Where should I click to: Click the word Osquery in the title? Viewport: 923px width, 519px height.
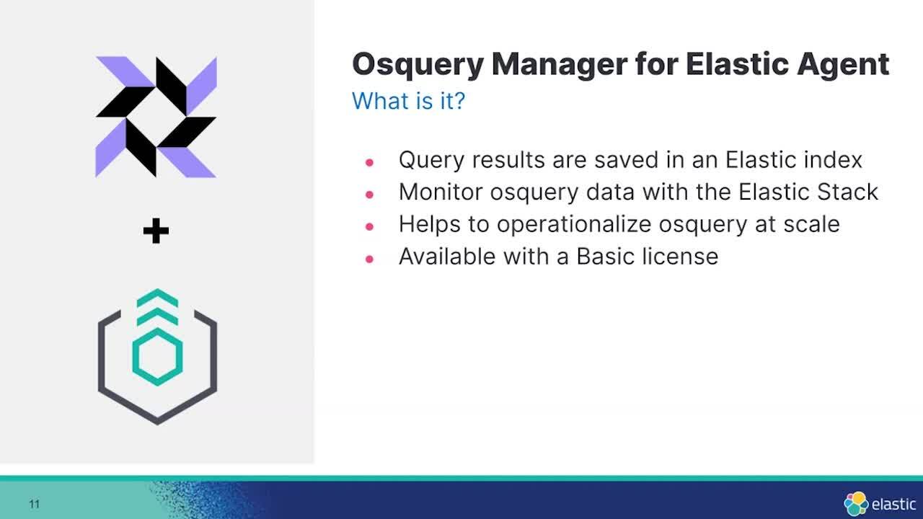tap(418, 66)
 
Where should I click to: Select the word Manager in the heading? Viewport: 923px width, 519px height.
tap(559, 65)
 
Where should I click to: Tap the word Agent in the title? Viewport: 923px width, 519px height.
tap(843, 66)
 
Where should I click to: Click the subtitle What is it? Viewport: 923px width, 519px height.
tap(408, 101)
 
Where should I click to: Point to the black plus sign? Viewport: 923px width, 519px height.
tap(156, 231)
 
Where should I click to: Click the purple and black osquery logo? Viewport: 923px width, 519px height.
tap(156, 117)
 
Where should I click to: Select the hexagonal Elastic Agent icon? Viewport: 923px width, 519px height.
tap(157, 357)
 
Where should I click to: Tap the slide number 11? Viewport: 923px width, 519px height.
tap(34, 504)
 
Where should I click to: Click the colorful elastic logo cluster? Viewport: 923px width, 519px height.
tap(856, 503)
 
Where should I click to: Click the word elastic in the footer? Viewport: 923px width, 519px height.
tap(893, 504)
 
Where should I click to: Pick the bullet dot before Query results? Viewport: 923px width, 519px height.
tap(369, 162)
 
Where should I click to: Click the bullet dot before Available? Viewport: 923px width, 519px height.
tap(369, 259)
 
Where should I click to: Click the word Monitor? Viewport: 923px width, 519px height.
tap(441, 192)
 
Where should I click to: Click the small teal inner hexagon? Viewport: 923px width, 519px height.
tap(157, 357)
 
